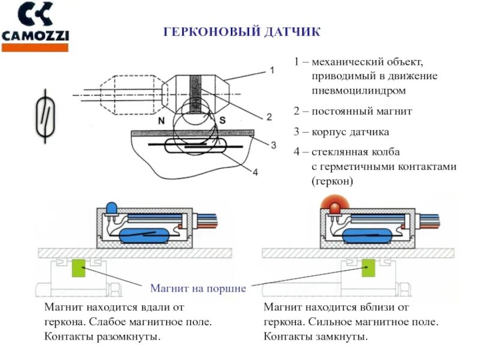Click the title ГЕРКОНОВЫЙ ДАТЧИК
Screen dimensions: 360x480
tap(242, 32)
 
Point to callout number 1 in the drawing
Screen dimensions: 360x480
tap(272, 70)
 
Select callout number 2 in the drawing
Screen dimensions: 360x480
tap(269, 116)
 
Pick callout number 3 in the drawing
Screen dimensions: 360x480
tap(273, 145)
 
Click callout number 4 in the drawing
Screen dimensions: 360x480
tap(255, 172)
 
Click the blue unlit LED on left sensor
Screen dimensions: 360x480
tap(112, 208)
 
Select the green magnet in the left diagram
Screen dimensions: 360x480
tap(78, 268)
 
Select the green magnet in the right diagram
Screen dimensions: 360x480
tap(367, 268)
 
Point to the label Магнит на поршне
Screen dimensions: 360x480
tap(198, 288)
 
